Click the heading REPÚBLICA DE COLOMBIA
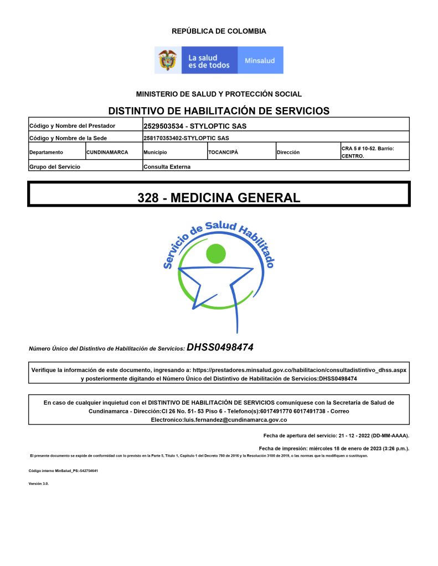coord(219,32)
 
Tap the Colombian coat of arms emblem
coord(168,60)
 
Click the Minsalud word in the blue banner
coord(260,60)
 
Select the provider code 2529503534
coord(163,126)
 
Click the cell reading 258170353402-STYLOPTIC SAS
coord(186,138)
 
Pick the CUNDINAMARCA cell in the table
coord(107,152)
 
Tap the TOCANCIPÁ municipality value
coord(223,152)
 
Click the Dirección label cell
coord(288,152)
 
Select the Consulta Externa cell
coord(167,166)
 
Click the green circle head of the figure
coord(215,253)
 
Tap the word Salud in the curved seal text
coord(221,227)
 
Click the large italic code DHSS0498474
coord(220,348)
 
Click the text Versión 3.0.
coord(39,484)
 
